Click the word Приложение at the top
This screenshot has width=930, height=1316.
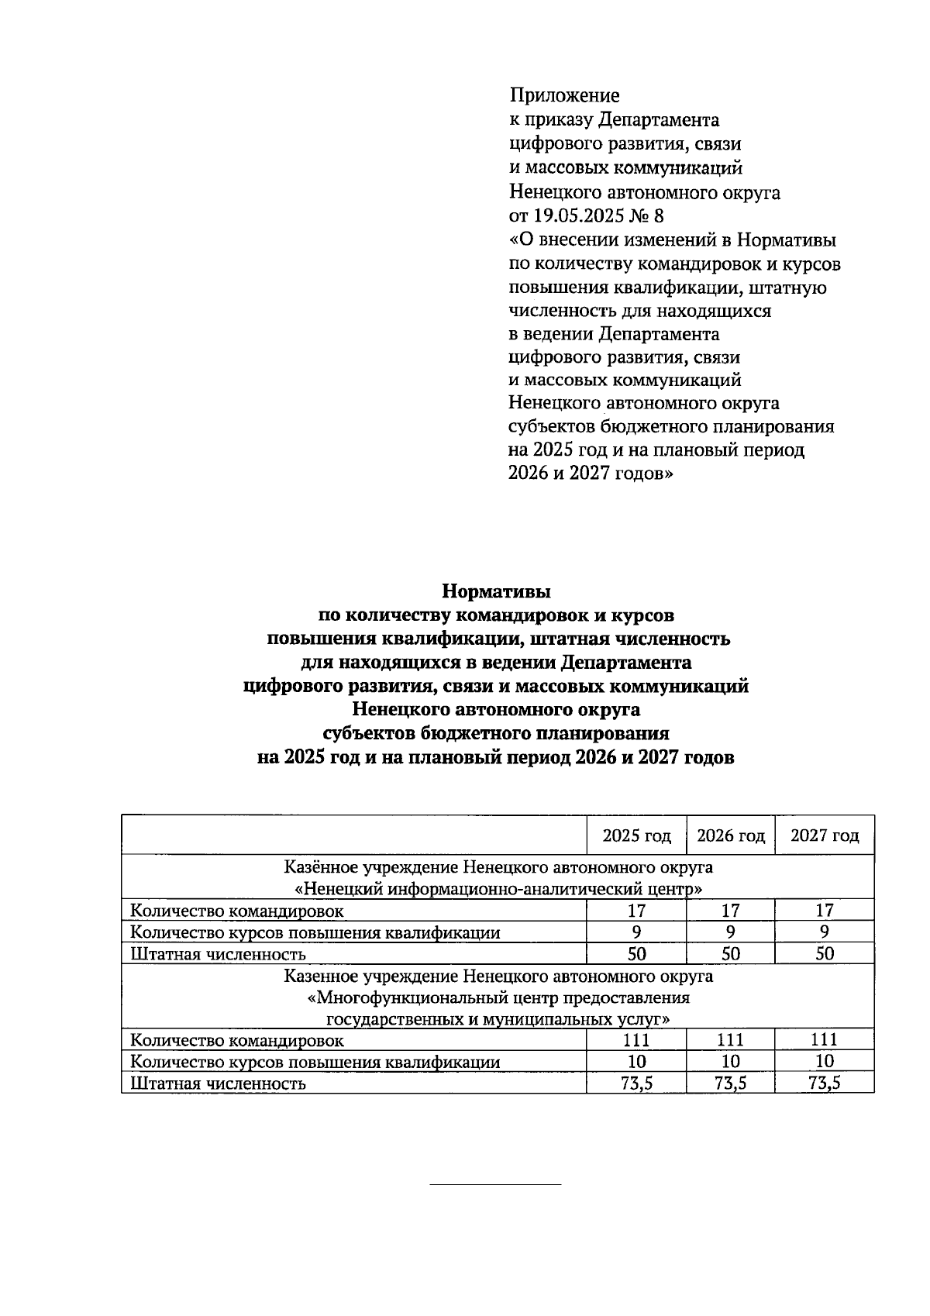564,96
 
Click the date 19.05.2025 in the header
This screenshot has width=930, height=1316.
580,216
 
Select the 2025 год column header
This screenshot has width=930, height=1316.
636,836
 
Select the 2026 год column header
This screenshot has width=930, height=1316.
730,836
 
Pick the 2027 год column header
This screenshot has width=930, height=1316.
825,836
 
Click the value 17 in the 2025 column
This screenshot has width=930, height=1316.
636,911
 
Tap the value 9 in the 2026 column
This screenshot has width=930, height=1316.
730,932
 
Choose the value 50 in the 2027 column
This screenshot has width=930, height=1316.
825,954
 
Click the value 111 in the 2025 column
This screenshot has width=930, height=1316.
636,1040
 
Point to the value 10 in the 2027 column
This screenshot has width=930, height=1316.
825,1062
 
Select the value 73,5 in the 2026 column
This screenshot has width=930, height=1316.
730,1083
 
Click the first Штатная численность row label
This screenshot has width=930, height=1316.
218,954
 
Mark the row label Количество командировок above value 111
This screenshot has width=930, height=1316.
236,1040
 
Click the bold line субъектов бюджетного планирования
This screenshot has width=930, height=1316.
496,734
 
